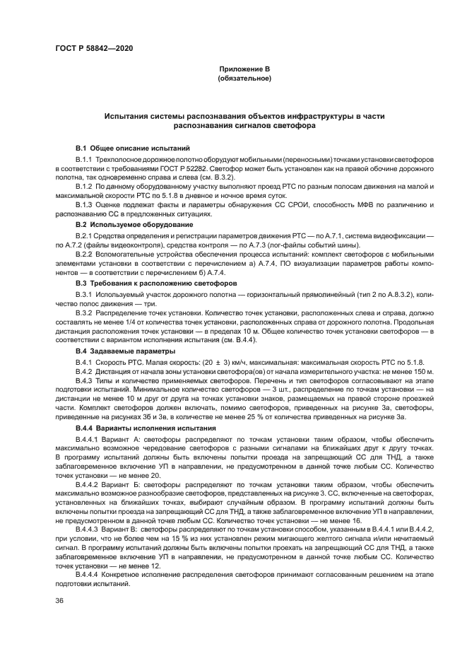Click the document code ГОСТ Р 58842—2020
(93, 47)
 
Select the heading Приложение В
(244, 69)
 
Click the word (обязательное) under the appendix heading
(244, 78)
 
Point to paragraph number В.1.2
(86, 185)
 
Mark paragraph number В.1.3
(86, 205)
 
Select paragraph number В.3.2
(86, 310)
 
